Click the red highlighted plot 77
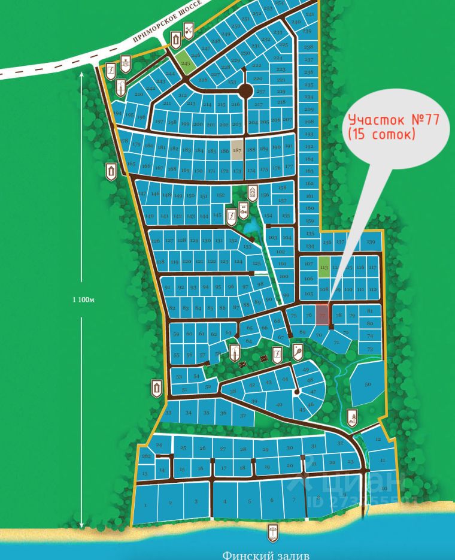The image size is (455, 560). point(323,314)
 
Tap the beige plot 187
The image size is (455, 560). point(237,150)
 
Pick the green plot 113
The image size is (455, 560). point(324,267)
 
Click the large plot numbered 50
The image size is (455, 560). point(368,384)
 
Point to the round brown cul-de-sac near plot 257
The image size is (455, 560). point(245,91)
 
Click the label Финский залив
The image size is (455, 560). point(266,555)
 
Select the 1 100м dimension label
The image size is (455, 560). point(83,298)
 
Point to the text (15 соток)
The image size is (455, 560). point(381,135)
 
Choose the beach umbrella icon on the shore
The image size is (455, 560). point(273,531)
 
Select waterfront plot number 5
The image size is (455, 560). point(248,501)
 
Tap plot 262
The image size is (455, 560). point(146,456)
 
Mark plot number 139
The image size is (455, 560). point(371,242)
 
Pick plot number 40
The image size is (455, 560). point(278,405)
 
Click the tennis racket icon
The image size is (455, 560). point(298,352)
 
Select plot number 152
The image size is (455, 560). point(220,195)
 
